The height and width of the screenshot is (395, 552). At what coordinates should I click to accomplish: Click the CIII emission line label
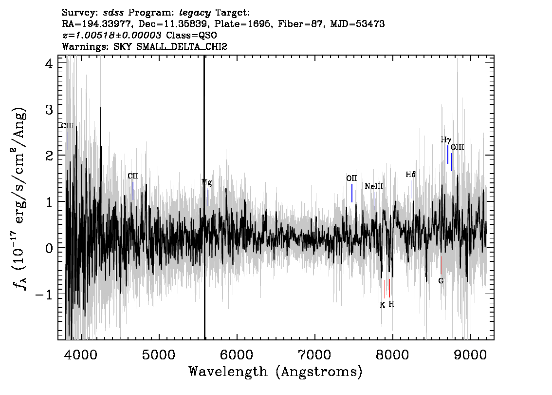68,126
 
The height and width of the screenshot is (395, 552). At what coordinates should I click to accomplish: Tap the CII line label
133,176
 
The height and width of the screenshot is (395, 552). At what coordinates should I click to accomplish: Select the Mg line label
207,182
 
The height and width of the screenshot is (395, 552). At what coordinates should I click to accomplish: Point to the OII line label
351,178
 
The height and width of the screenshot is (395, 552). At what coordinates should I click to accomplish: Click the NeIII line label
374,186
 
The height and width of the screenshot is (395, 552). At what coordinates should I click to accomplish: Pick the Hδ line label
411,175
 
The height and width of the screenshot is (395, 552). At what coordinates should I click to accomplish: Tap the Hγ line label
446,140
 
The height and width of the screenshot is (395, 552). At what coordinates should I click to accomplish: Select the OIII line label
457,147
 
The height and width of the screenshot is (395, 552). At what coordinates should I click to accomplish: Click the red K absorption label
383,305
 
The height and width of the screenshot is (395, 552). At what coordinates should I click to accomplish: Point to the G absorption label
441,281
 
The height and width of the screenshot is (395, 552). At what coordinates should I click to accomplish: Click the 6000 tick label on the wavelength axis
237,355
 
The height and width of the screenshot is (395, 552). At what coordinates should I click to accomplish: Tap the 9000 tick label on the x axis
470,355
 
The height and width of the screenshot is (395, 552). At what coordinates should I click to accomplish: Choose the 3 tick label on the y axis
49,110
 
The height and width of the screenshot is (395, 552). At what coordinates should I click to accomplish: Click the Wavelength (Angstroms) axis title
276,372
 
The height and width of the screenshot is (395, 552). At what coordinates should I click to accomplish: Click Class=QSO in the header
191,35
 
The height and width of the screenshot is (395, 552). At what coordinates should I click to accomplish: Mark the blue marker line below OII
351,193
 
